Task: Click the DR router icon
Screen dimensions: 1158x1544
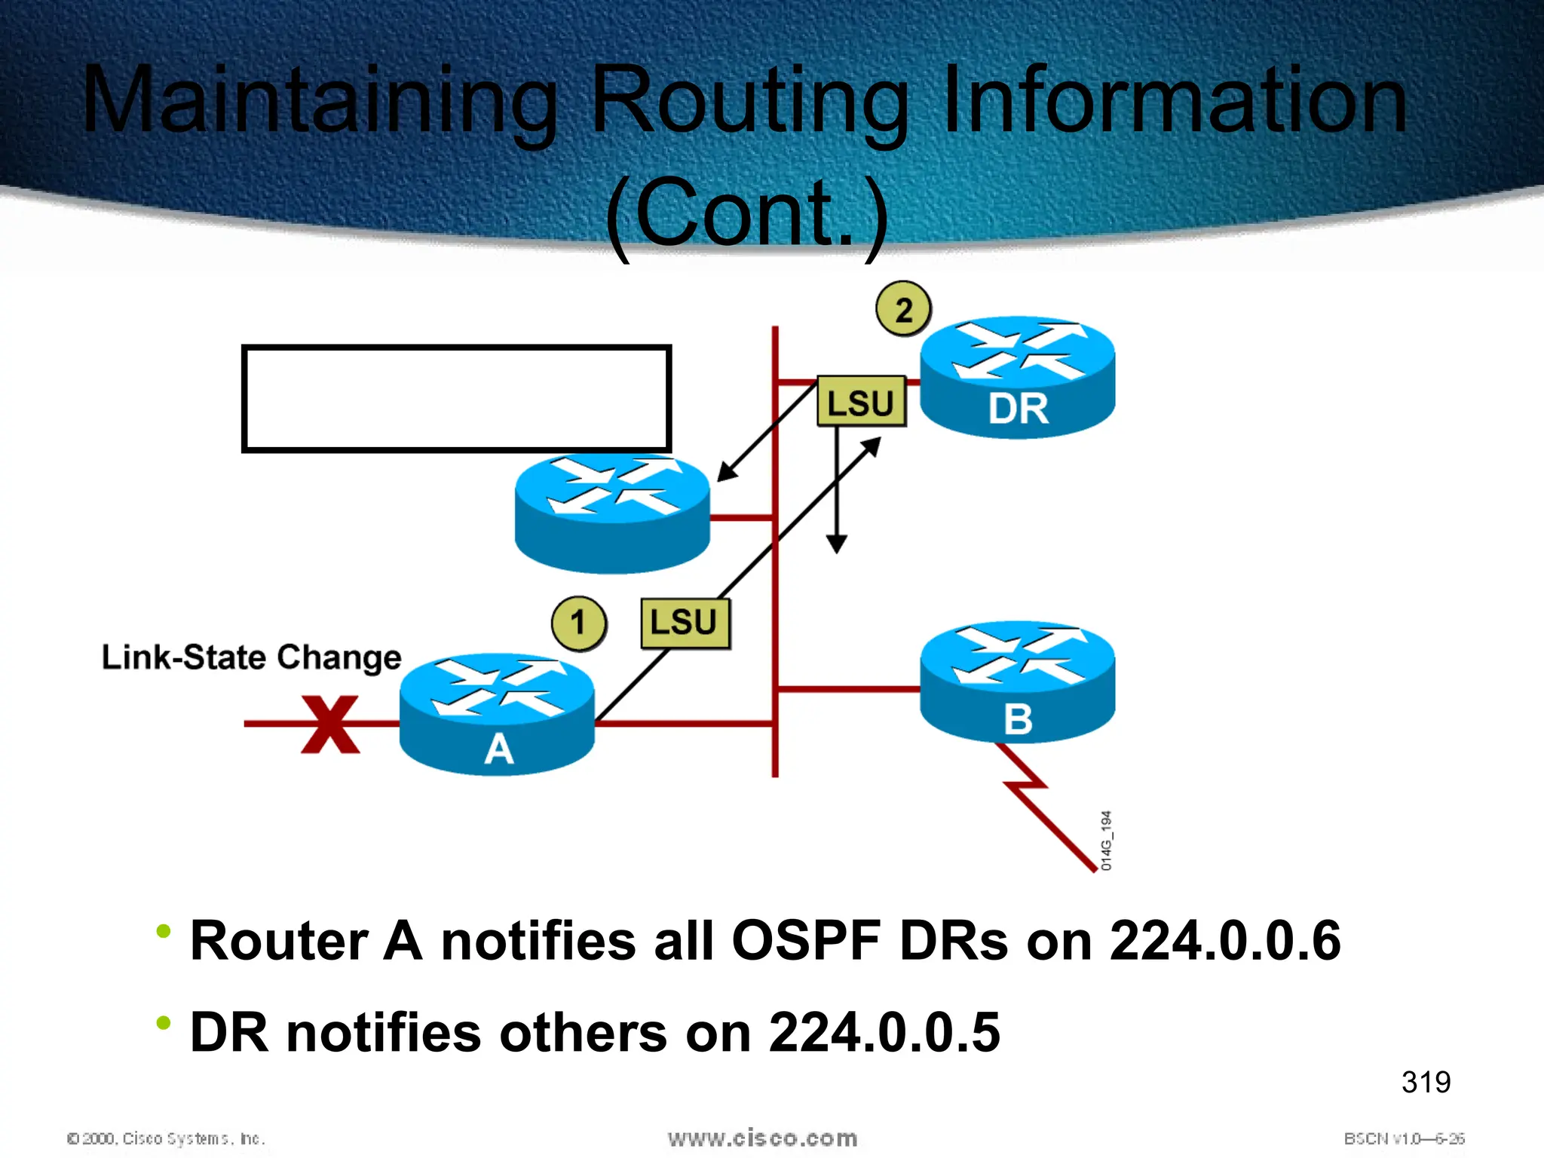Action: [1017, 377]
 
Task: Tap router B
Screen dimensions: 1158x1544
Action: [1017, 682]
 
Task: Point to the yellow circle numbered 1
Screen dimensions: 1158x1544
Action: [578, 623]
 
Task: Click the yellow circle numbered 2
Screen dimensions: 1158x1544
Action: [903, 309]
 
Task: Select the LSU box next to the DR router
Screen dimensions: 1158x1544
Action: [861, 402]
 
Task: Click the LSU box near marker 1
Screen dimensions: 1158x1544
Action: [685, 623]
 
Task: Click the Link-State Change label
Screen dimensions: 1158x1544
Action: [251, 657]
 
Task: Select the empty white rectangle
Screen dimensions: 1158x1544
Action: [456, 399]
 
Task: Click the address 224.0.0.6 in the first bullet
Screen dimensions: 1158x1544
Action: [1224, 941]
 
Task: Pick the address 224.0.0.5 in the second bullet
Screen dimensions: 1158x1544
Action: [884, 1032]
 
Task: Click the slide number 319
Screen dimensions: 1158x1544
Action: [1426, 1082]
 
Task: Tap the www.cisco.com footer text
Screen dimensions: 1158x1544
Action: [762, 1138]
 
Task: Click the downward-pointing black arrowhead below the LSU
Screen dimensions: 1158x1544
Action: [836, 544]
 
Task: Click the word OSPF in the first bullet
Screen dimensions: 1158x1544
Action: [805, 941]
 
